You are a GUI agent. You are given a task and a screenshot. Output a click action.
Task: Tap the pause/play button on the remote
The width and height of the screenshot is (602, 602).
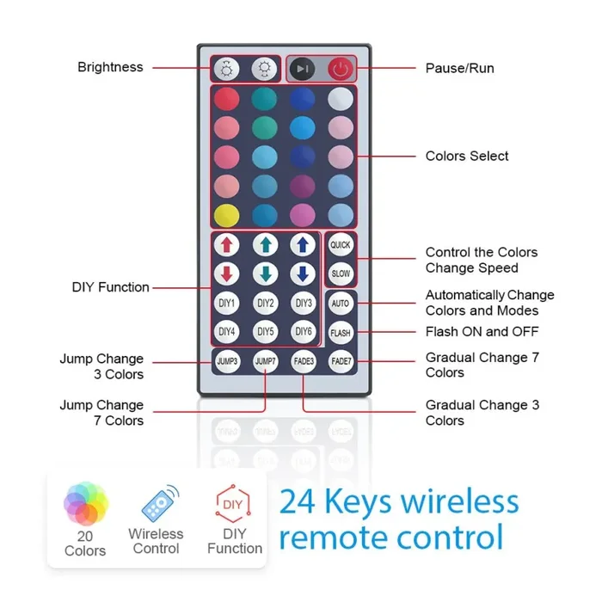302,69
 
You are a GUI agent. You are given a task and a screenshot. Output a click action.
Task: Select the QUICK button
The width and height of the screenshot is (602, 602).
341,245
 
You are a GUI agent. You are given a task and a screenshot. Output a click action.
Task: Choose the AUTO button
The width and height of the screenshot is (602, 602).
341,304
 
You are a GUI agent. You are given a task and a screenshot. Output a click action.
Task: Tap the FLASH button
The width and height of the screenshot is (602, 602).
341,333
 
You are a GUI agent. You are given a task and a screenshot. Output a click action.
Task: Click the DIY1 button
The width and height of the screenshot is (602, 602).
227,304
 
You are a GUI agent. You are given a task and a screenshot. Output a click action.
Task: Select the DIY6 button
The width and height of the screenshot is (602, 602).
303,332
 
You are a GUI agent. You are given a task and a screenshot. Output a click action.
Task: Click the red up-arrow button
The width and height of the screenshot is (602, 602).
227,245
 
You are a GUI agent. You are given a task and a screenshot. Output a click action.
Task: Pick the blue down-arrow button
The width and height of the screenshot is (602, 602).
303,274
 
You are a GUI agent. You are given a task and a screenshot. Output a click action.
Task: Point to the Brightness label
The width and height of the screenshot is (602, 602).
110,67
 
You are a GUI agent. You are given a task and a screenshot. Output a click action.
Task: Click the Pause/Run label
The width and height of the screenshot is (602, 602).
459,68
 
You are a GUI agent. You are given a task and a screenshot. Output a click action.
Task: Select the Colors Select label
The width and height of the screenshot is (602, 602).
467,157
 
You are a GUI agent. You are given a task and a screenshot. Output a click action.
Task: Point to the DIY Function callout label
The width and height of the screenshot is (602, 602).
110,287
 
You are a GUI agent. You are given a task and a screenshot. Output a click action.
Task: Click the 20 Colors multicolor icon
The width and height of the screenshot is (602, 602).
86,505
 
